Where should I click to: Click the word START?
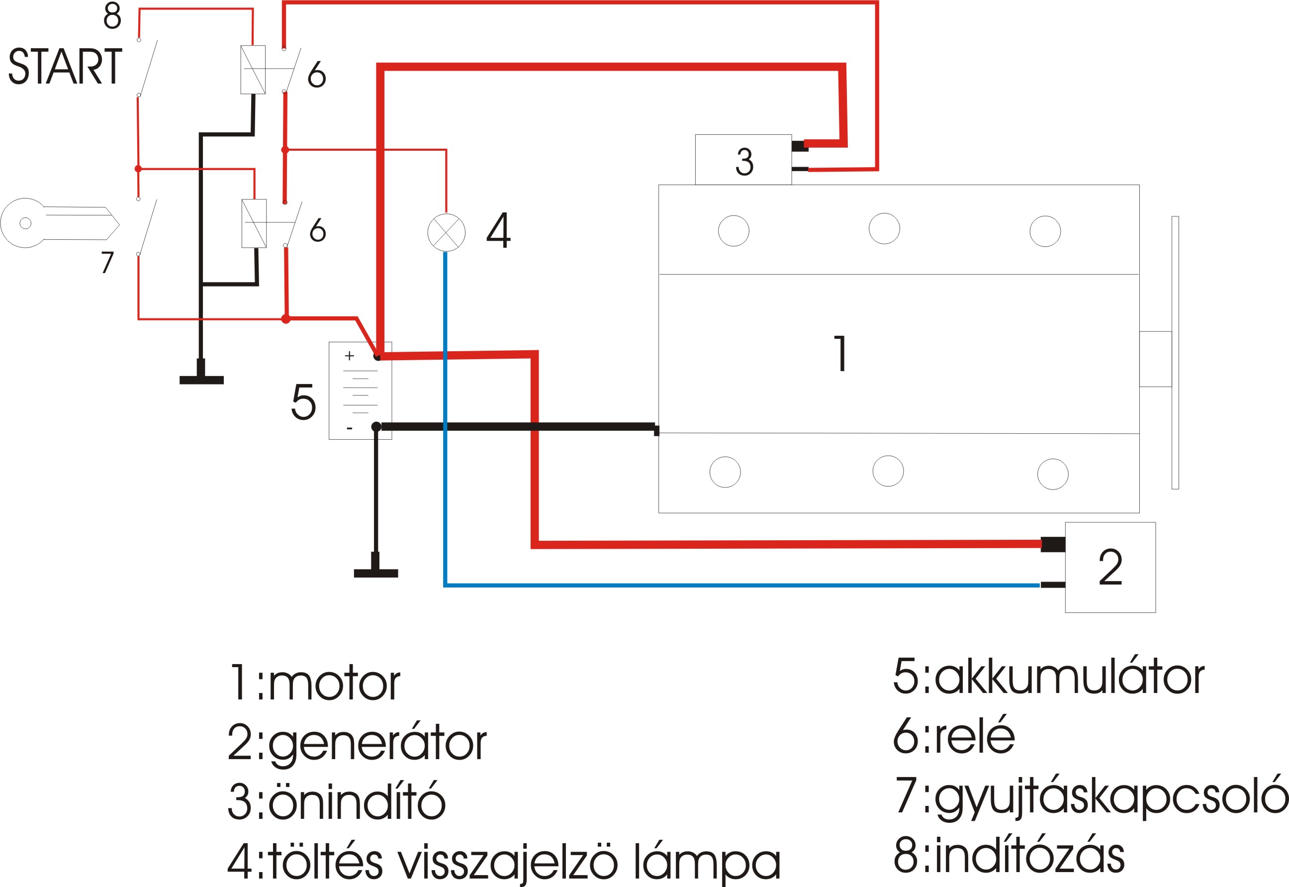65,66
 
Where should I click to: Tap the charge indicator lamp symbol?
446,232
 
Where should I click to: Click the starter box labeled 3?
743,160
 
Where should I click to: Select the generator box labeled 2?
1110,568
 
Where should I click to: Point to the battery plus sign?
349,356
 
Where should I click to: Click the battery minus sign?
350,428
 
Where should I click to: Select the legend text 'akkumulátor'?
1070,678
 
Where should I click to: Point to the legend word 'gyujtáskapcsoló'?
1111,797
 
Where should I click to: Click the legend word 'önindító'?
357,802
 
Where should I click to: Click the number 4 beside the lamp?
498,230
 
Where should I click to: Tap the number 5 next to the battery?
303,401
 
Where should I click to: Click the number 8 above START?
112,15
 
